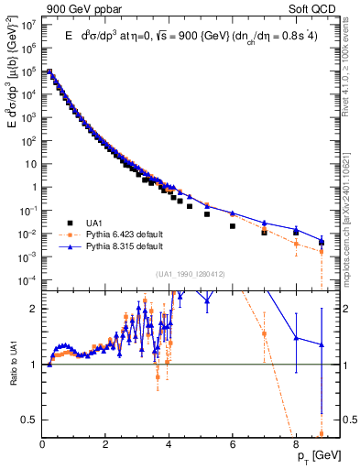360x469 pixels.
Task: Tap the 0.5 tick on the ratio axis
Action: pyautogui.click(x=30, y=420)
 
